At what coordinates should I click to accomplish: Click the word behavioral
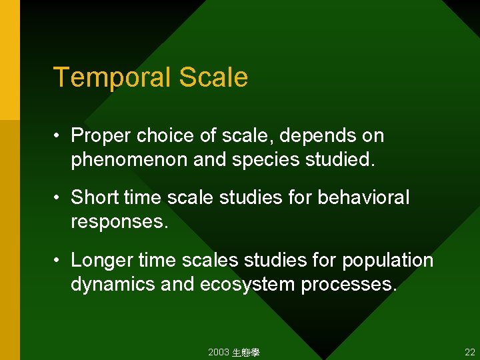(x=364, y=198)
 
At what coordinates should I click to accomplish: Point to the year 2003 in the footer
(x=218, y=352)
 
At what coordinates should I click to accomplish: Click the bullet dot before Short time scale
(x=58, y=198)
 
